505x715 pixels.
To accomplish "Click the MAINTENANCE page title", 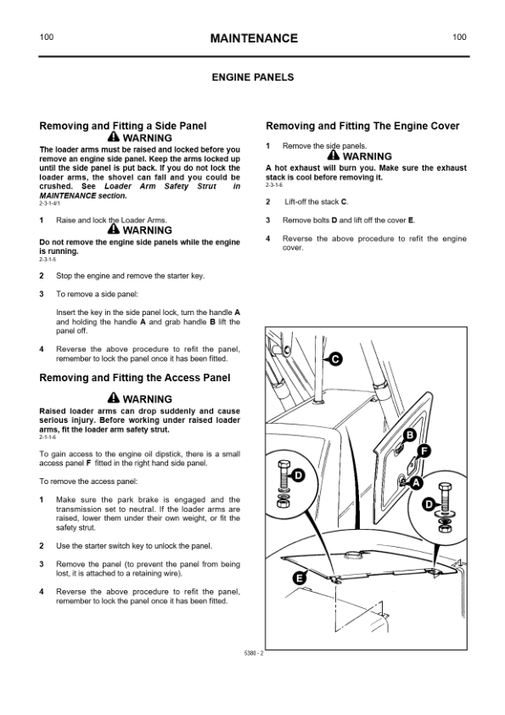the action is [254, 38].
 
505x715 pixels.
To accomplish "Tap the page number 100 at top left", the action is [47, 37].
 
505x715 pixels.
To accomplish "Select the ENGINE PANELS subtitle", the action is [253, 77].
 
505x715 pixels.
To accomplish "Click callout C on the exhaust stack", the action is [336, 359].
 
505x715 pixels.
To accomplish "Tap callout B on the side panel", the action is [410, 435].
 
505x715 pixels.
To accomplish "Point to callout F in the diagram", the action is [424, 452].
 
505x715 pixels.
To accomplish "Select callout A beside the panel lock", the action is [416, 483].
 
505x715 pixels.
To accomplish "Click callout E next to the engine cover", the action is [299, 578].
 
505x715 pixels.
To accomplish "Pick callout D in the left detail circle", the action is [298, 476].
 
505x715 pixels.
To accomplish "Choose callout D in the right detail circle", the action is [429, 504].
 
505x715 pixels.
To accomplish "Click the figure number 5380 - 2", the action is [254, 653].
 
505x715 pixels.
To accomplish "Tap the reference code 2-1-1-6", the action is [48, 437].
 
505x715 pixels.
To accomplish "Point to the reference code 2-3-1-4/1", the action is [49, 203].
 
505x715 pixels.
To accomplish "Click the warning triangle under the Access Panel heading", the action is [114, 397].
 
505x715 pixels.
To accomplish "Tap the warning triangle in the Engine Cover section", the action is [334, 155].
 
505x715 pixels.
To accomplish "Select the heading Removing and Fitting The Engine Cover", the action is [362, 126].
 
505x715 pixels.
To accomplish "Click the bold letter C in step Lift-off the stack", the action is [344, 202].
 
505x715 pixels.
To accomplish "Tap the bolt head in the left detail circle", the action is [283, 465].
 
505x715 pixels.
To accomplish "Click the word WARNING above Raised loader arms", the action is [148, 399].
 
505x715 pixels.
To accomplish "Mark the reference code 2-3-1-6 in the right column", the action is [274, 185].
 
